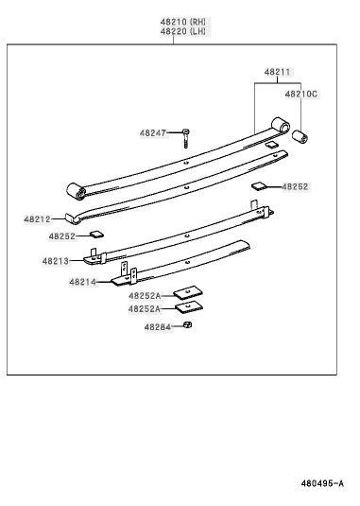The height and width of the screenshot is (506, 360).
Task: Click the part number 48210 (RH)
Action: click(182, 22)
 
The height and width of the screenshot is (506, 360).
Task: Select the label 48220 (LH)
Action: click(182, 31)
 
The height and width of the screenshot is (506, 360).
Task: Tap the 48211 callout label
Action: click(277, 72)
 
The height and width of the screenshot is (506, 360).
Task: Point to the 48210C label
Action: click(301, 94)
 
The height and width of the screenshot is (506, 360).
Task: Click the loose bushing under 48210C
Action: click(300, 136)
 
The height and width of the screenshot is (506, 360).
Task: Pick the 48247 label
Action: click(153, 133)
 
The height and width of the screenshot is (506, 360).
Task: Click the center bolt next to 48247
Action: click(185, 138)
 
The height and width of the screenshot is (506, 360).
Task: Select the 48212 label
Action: click(37, 219)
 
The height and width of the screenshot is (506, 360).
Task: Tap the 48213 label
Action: click(56, 261)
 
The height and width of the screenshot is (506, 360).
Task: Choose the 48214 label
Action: click(82, 282)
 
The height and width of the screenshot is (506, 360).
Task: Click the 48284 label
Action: click(157, 327)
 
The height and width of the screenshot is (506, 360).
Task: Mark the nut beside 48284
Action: click(188, 324)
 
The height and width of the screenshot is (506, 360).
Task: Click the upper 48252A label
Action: click(145, 296)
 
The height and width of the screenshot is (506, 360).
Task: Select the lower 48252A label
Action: click(145, 309)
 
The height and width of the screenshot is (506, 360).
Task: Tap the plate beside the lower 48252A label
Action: click(189, 306)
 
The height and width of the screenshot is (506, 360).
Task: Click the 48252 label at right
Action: click(295, 186)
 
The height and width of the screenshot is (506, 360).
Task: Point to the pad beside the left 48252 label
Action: click(96, 234)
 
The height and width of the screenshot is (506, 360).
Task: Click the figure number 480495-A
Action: click(322, 483)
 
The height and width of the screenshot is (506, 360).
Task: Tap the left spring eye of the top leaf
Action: click(76, 191)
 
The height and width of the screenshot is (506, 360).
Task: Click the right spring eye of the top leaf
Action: click(281, 126)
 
